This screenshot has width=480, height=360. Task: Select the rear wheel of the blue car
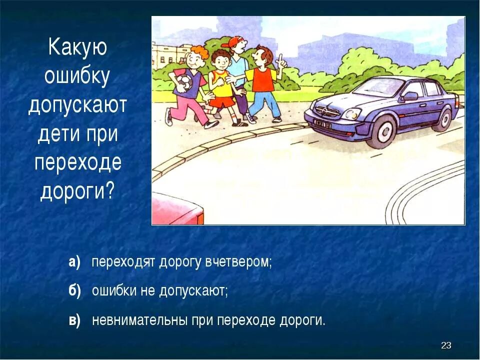point(442,119)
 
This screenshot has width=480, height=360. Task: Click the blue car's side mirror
point(410,96)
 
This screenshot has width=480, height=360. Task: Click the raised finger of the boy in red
point(281,59)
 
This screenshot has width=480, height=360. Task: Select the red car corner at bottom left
point(177,210)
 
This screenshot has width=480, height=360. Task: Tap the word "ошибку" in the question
point(77,76)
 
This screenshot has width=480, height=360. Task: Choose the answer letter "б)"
point(74,291)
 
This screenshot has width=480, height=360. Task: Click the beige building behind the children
point(170,55)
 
